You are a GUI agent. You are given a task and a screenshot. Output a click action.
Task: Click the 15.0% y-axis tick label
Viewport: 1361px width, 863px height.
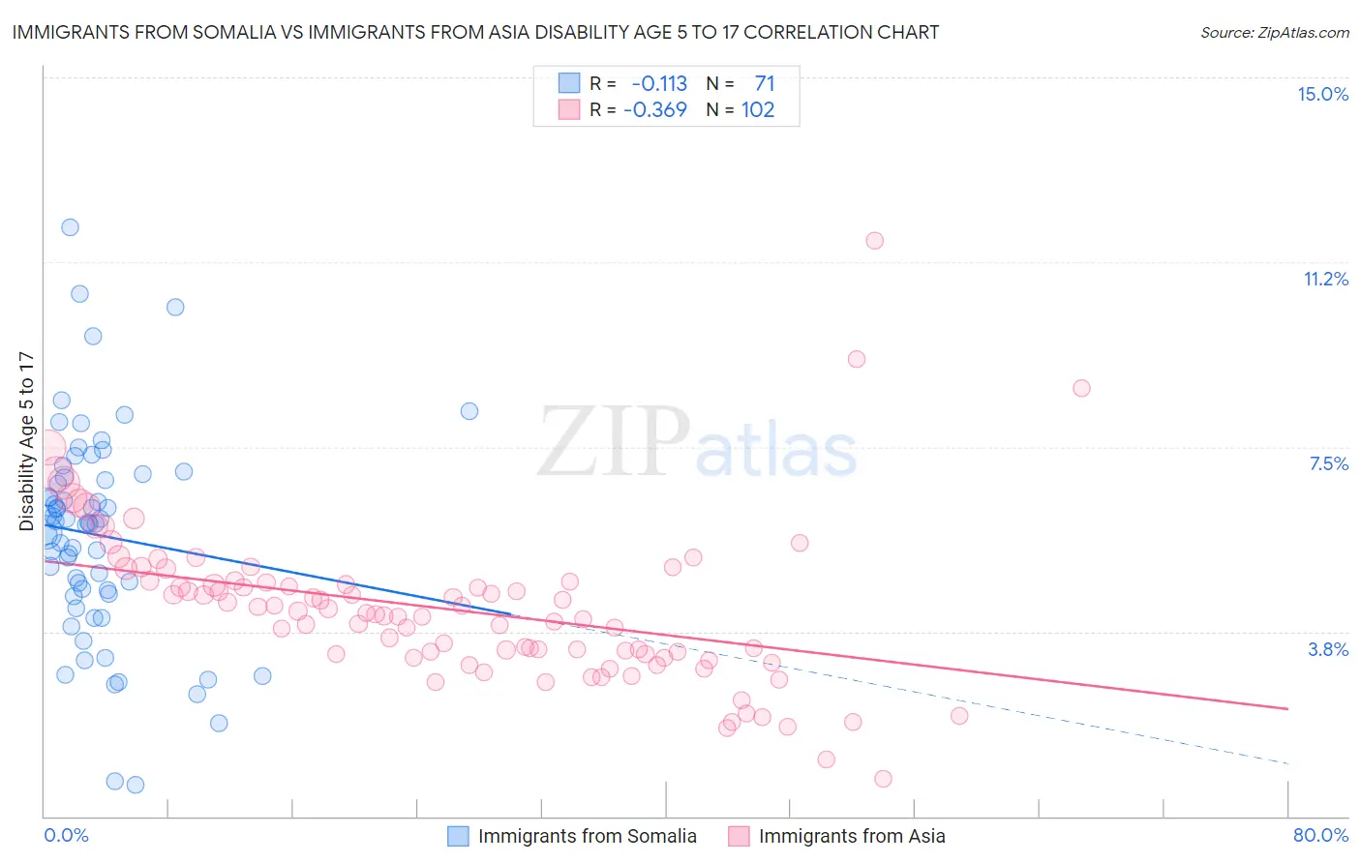point(1322,94)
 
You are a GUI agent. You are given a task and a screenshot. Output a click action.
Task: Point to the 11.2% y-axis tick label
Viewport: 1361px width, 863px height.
point(1325,279)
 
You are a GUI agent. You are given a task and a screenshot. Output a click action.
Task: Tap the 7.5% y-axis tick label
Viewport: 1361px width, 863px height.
point(1328,463)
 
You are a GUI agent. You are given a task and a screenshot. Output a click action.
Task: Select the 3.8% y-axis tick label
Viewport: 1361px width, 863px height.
point(1328,649)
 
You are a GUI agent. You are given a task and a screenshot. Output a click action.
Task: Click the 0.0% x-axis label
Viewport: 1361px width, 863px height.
point(66,835)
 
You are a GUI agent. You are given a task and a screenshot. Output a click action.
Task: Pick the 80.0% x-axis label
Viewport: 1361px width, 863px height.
point(1320,835)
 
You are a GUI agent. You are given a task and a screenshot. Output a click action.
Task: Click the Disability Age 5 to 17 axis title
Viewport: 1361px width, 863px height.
point(26,441)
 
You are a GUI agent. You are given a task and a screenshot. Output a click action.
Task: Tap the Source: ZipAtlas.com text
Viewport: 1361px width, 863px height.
point(1274,32)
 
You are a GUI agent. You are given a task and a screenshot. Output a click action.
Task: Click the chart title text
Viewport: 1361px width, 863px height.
point(475,32)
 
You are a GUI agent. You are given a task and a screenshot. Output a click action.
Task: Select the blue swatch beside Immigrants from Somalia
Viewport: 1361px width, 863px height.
point(458,836)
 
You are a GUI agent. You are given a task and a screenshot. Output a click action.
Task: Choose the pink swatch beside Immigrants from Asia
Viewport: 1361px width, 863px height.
point(739,836)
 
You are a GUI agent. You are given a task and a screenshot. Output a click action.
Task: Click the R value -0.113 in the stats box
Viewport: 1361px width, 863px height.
point(658,83)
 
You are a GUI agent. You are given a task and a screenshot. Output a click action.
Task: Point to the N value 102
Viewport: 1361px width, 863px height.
point(758,109)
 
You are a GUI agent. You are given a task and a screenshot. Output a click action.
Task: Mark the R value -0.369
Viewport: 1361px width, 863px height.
point(655,109)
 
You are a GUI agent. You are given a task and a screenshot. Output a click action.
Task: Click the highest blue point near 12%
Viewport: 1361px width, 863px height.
point(70,227)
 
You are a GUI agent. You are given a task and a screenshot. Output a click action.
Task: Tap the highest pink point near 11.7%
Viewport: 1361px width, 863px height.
point(875,241)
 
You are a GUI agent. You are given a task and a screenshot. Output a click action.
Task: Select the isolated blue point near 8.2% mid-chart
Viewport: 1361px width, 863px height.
point(469,411)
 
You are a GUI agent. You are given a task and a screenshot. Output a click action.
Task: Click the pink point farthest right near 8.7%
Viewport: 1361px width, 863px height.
point(1081,388)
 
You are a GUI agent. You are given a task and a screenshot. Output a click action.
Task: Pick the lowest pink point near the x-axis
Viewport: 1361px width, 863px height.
point(883,779)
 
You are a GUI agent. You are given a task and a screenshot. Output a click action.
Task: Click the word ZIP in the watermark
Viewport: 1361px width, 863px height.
point(614,442)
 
